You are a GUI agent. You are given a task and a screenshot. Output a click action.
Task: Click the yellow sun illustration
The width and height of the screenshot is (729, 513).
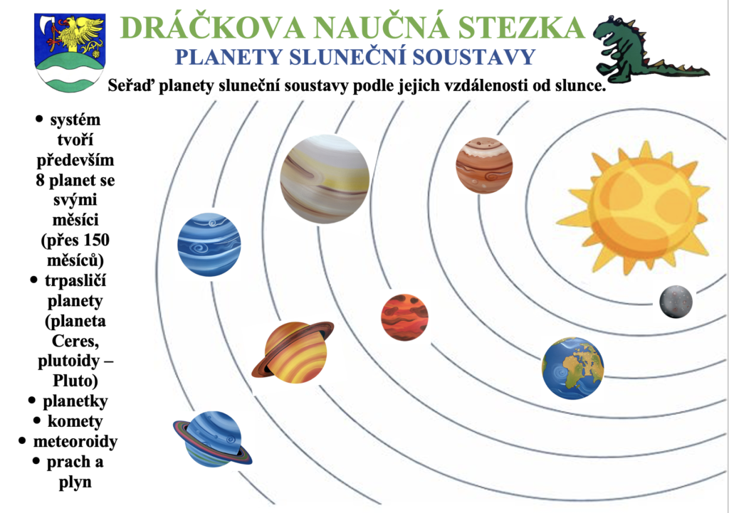pyautogui.click(x=635, y=208)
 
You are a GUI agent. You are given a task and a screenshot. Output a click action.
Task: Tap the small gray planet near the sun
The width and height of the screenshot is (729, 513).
pyautogui.click(x=676, y=302)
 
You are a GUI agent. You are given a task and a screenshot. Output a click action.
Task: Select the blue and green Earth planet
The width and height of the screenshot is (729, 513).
pyautogui.click(x=572, y=368)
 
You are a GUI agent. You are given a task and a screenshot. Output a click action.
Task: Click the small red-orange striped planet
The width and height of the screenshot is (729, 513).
pyautogui.click(x=404, y=317)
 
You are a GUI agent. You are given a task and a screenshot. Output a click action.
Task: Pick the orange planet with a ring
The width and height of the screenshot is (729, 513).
pyautogui.click(x=293, y=351)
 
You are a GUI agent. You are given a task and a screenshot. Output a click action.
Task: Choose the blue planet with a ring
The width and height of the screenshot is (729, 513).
pyautogui.click(x=212, y=439)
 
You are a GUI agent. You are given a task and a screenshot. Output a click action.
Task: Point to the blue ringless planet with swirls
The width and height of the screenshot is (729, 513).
pyautogui.click(x=209, y=245)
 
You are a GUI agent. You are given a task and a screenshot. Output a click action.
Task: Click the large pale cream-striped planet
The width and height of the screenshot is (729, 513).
pyautogui.click(x=325, y=179)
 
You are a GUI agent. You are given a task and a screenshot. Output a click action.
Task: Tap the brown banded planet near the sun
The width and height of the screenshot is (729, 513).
pyautogui.click(x=484, y=165)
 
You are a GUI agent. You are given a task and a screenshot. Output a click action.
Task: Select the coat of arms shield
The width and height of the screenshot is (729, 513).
pyautogui.click(x=70, y=52)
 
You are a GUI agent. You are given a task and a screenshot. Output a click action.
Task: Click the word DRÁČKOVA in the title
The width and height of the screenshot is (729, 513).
pyautogui.click(x=212, y=28)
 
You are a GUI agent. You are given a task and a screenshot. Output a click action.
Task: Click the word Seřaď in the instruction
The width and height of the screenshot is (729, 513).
pyautogui.click(x=131, y=86)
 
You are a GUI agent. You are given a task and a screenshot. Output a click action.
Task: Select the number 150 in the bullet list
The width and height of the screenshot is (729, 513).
pyautogui.click(x=94, y=240)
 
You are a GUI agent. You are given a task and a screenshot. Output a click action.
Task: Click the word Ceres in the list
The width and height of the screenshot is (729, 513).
pyautogui.click(x=75, y=341)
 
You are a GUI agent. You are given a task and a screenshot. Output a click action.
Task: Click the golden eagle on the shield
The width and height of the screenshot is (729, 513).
pyautogui.click(x=80, y=33)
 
